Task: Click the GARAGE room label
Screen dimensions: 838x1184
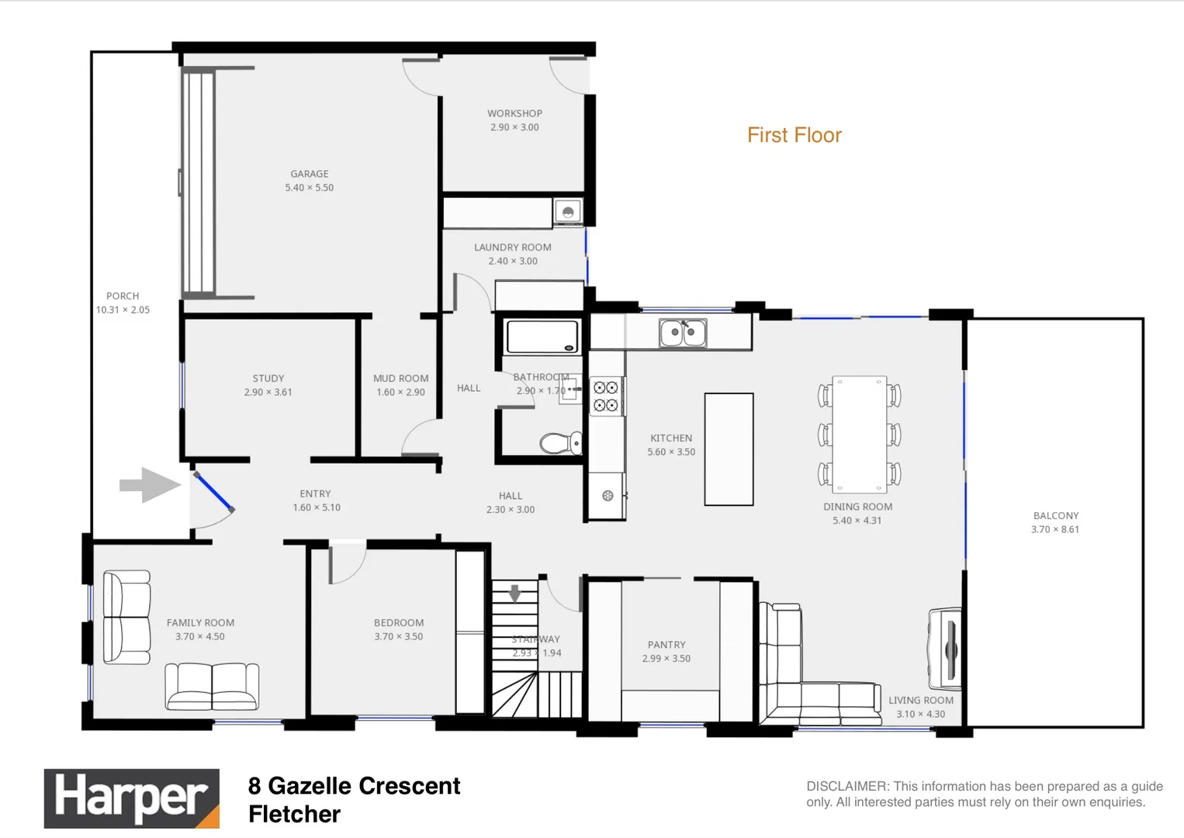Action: click(309, 174)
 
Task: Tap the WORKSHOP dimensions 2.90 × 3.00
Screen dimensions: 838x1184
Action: click(514, 127)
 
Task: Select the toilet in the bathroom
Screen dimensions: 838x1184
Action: click(559, 443)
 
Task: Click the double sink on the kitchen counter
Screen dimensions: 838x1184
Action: click(683, 333)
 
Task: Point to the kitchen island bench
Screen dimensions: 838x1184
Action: click(729, 449)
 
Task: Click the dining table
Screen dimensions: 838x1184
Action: click(859, 435)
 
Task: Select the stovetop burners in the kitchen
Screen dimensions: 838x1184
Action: click(606, 396)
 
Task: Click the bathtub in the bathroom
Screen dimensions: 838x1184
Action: click(542, 338)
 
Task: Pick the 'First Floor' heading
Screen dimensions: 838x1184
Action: click(794, 135)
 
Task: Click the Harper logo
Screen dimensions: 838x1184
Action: click(131, 798)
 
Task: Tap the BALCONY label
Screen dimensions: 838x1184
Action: click(1055, 515)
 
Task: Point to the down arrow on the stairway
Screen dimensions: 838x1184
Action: click(514, 594)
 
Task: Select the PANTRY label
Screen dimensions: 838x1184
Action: click(666, 644)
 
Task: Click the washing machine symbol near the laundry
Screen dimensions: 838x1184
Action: click(568, 211)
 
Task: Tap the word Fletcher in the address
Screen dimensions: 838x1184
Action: click(294, 814)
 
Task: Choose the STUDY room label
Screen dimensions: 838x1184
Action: click(268, 379)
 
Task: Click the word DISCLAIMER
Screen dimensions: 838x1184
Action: click(846, 786)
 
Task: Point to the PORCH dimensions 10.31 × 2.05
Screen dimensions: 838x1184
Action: click(123, 310)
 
